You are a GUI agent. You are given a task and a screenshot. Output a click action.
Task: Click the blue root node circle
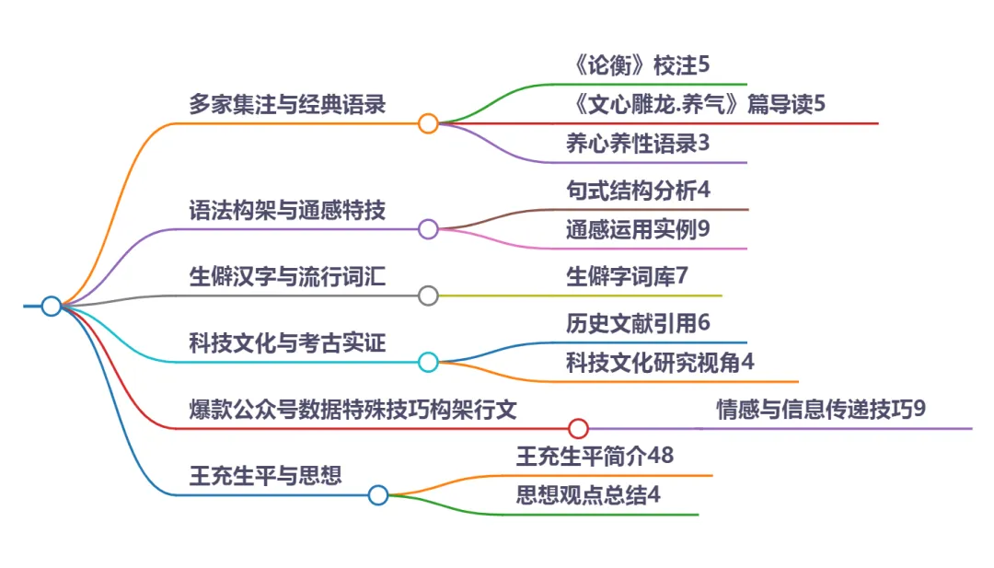[x=52, y=306]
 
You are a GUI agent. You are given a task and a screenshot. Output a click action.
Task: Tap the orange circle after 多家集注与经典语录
[x=428, y=123]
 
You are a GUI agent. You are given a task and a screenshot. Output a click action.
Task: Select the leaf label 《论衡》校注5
[x=639, y=65]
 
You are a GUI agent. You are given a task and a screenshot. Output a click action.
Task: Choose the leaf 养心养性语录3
[x=639, y=144]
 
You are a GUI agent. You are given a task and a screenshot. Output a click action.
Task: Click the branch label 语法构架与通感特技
[x=287, y=210]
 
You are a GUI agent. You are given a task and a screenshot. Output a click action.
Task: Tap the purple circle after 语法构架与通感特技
[x=428, y=229]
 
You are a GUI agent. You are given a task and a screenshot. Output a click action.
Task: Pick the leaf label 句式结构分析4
[x=639, y=191]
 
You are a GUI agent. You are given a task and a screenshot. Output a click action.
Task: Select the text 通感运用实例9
[x=639, y=230]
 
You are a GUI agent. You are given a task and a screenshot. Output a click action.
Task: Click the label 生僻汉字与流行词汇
[x=287, y=276]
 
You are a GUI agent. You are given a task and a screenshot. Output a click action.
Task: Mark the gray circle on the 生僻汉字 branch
[x=428, y=296]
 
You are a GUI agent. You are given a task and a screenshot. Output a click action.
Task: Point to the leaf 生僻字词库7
[x=627, y=276]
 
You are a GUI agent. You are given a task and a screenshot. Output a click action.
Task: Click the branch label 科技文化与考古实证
[x=287, y=342]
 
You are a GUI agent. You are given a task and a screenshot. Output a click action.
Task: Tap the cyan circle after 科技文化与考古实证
[x=428, y=363]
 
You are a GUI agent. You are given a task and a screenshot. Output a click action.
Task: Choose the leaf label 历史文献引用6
[x=639, y=323]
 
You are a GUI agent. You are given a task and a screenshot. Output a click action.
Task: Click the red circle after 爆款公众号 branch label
[x=578, y=428]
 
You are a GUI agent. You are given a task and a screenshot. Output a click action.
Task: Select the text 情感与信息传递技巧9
[x=821, y=409]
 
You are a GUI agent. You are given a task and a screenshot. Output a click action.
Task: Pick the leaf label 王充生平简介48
[x=601, y=455]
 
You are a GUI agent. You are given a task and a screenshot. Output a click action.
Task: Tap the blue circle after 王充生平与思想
[x=378, y=495]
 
